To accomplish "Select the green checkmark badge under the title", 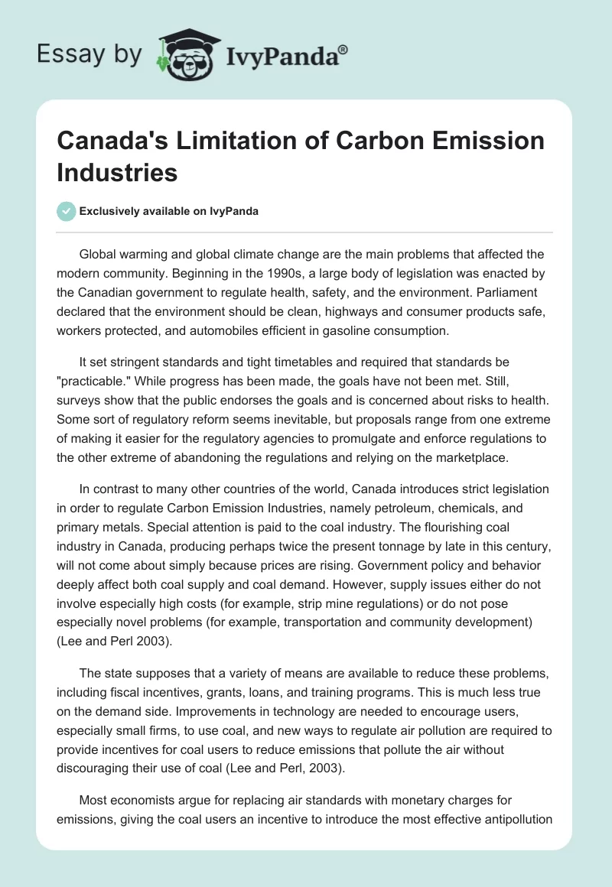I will [x=67, y=211].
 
